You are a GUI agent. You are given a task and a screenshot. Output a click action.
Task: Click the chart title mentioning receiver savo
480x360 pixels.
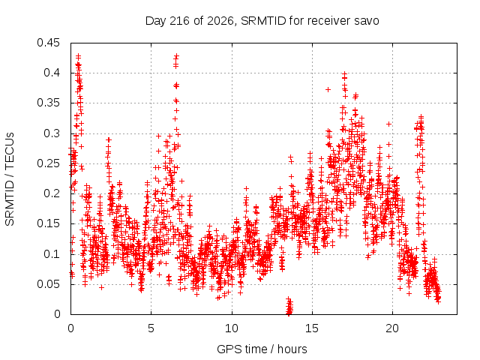coord(262,21)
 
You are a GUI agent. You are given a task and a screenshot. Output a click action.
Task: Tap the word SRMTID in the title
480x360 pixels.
coord(263,21)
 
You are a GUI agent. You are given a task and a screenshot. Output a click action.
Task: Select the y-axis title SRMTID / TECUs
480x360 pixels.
coord(10,179)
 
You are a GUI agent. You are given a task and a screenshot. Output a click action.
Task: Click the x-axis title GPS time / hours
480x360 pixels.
coord(262,349)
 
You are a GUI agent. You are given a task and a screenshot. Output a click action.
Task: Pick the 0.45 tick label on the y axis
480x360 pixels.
coord(48,43)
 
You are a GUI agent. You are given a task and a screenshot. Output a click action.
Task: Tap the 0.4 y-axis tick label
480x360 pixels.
coord(52,73)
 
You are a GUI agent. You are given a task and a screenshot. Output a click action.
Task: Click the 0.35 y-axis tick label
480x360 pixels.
coord(48,103)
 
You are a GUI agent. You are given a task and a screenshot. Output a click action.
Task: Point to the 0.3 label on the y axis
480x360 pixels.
coord(52,133)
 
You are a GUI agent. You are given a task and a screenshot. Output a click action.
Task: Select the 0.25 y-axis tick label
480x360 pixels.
coord(48,163)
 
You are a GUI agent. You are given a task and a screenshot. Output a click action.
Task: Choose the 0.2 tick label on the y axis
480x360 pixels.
coord(52,193)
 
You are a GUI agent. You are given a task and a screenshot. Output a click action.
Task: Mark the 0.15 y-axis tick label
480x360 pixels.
coord(48,223)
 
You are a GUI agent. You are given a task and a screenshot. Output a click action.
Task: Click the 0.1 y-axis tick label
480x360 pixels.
coord(52,253)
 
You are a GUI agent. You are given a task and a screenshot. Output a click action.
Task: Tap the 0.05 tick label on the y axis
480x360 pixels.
coord(48,283)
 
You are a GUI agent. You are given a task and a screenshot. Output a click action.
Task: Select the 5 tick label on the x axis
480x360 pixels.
coord(151,328)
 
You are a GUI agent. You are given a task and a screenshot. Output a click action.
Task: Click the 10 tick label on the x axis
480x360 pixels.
coord(232,328)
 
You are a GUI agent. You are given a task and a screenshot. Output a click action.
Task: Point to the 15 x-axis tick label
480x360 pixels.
coord(312,328)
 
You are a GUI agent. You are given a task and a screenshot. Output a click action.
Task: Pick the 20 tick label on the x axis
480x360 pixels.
coord(392,328)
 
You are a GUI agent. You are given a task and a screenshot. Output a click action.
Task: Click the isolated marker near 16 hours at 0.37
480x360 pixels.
coord(328,90)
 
